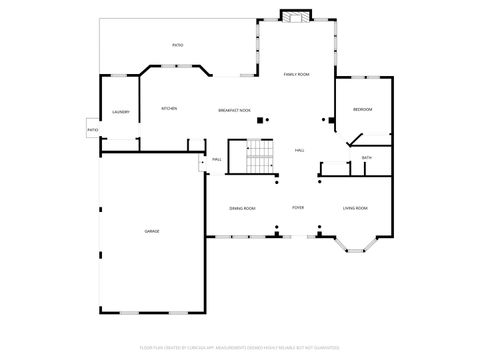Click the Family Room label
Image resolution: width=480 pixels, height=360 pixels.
click(x=296, y=75)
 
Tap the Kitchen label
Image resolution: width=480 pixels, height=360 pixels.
click(x=170, y=108)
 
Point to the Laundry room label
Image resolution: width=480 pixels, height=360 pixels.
click(x=121, y=112)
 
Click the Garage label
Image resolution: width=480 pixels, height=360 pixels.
click(x=152, y=231)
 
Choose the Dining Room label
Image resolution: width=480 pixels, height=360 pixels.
click(x=242, y=208)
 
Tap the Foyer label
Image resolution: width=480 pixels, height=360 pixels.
click(x=298, y=208)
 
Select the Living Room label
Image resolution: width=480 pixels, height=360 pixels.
click(x=355, y=208)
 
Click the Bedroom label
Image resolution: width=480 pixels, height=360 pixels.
click(x=362, y=109)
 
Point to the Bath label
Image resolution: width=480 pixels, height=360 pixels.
click(x=367, y=158)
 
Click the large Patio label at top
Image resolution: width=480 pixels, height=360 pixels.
click(x=177, y=45)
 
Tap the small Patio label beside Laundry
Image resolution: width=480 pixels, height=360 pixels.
click(x=92, y=130)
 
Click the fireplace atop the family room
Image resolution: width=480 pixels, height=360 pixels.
click(x=295, y=17)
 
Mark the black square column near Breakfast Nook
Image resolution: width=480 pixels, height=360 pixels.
click(x=260, y=121)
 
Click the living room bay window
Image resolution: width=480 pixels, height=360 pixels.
click(x=355, y=244)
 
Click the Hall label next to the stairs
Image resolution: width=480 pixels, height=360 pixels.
click(x=299, y=150)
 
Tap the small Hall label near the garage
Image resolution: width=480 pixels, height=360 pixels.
click(x=216, y=160)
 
